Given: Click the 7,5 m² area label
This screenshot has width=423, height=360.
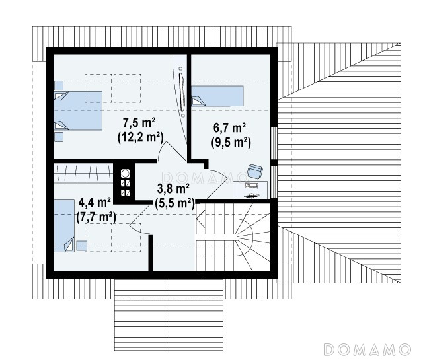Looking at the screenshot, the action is point(139,123).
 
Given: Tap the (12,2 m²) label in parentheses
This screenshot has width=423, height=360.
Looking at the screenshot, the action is point(141,137).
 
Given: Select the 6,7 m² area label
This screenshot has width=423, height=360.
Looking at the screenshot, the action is point(229,127).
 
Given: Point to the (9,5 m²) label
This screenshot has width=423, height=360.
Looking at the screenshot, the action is point(231,143).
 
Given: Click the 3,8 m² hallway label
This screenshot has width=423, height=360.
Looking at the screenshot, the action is point(173,188).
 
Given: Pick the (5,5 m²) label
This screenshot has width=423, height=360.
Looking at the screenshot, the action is point(174,203).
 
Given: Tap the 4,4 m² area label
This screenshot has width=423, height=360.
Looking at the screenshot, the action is point(95,202).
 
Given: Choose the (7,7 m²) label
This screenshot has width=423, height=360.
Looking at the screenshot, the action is point(96,217).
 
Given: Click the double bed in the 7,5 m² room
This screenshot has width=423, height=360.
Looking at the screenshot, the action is point(78,111).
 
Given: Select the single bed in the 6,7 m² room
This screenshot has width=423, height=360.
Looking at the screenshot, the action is point(217,96).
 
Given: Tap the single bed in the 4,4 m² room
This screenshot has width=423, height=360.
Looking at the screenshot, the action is point(64,226).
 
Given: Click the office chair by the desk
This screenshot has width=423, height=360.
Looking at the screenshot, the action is point(255,171).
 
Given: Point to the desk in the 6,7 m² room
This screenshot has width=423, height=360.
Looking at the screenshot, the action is point(250,190).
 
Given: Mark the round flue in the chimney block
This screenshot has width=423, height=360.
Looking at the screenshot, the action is point(126,174).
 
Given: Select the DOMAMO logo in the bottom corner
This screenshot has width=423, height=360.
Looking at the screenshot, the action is point(367,349).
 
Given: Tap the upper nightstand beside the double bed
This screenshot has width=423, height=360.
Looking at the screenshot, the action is point(59,85).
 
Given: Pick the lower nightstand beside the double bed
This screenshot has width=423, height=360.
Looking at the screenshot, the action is point(59,137).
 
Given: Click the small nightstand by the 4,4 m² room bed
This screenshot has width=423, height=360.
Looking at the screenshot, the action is point(82,246).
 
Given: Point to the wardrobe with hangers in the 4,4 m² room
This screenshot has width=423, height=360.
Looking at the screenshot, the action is point(83,173).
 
